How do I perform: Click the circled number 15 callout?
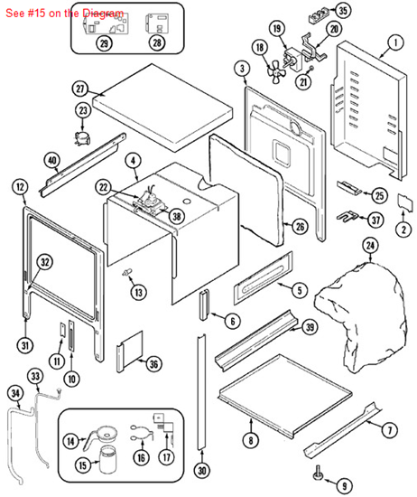pos(82,465)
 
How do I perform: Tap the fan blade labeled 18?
pos(276,73)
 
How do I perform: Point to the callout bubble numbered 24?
pos(370,246)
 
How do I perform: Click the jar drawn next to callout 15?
pos(107,460)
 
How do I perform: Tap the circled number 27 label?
pos(79,89)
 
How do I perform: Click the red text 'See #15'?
pos(25,14)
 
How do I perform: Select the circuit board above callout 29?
pos(106,23)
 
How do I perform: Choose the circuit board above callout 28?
pos(157,23)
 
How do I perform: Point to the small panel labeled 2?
pos(405,202)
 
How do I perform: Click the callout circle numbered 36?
pos(153,364)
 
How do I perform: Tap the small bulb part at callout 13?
pos(127,272)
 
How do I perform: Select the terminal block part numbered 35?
pos(320,15)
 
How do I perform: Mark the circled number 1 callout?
pos(395,42)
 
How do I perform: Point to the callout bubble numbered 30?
pos(202,471)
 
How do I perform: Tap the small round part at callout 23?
pos(82,138)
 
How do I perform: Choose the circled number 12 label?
pos(20,187)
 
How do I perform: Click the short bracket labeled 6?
pos(204,305)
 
